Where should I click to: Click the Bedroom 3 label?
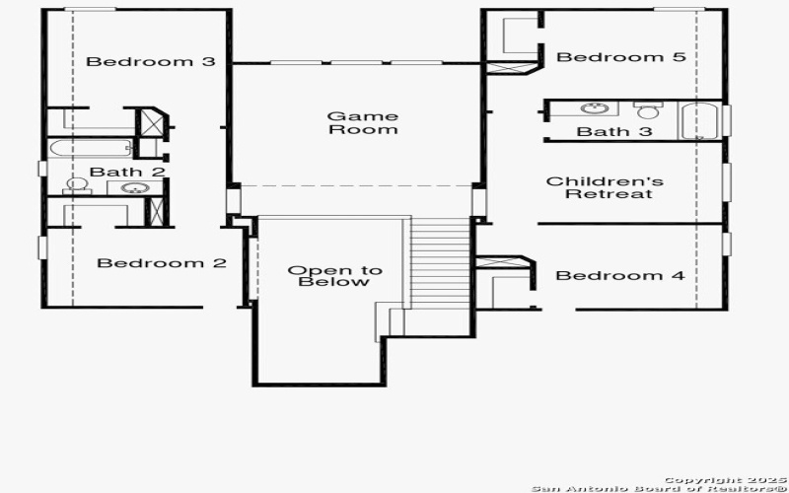coord(151,61)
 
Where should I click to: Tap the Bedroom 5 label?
coord(620,57)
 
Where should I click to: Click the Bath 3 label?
coord(614,131)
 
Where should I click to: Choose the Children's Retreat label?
coord(605,187)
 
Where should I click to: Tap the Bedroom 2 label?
coord(162,263)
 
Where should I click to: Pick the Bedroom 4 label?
coord(619,275)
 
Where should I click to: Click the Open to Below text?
coord(321,276)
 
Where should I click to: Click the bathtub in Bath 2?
coord(91,149)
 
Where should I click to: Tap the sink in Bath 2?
coord(130,188)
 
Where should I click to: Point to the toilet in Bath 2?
coord(76,186)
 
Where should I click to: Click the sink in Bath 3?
coord(593,108)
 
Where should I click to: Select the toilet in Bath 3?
coord(647,110)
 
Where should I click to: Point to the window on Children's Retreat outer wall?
coord(726,181)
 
